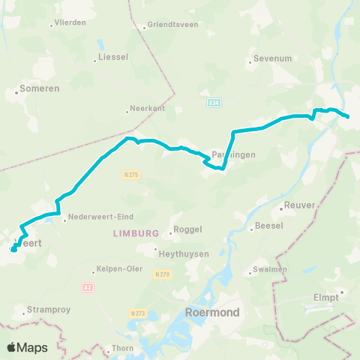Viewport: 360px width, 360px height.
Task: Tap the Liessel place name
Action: (x=109, y=57)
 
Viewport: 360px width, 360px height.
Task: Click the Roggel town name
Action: (x=187, y=230)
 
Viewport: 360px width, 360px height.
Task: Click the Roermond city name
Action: (x=212, y=312)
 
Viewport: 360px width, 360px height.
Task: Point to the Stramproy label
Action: (x=46, y=308)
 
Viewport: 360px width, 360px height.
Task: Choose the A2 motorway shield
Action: (x=87, y=286)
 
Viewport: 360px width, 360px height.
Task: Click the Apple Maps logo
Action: (x=27, y=347)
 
